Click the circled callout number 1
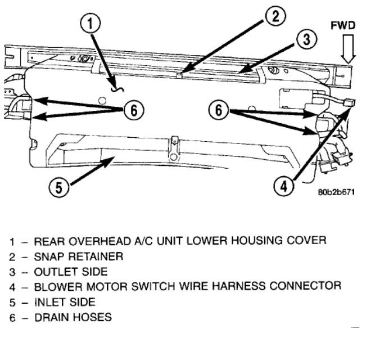[93, 24]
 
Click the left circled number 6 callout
[133, 110]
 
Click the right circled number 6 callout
[219, 110]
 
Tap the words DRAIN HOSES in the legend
[73, 317]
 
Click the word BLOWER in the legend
[57, 286]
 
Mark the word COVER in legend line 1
[307, 241]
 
